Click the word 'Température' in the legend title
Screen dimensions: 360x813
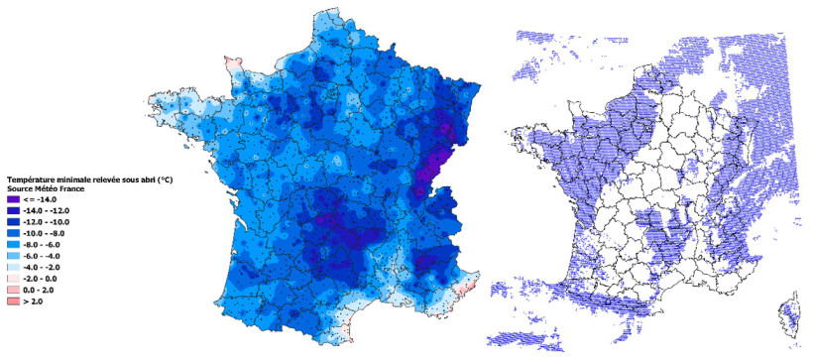(31, 179)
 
